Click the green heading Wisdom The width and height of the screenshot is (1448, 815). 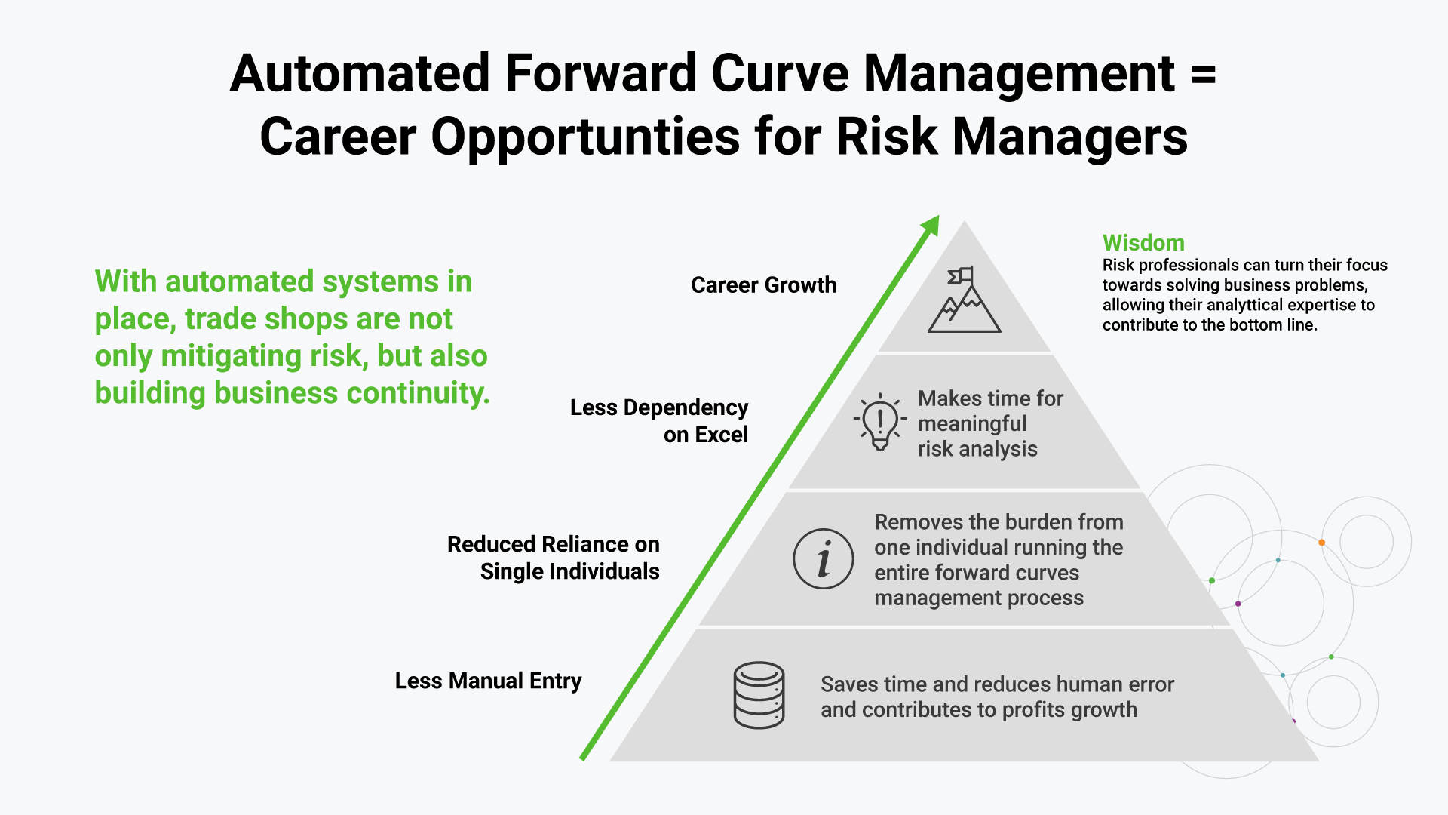click(x=1143, y=243)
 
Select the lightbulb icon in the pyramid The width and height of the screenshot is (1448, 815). click(x=879, y=422)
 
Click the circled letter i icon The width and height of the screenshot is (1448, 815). click(x=824, y=559)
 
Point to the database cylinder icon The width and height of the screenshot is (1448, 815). click(x=759, y=695)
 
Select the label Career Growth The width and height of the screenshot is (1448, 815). click(x=763, y=285)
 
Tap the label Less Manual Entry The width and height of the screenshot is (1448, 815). click(x=488, y=681)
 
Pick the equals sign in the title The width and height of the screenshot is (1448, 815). click(x=1204, y=74)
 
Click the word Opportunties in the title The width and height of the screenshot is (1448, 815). click(x=585, y=137)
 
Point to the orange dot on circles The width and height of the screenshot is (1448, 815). click(x=1321, y=543)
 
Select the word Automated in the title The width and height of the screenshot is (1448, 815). click(x=360, y=74)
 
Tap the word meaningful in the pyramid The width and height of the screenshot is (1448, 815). click(x=971, y=424)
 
